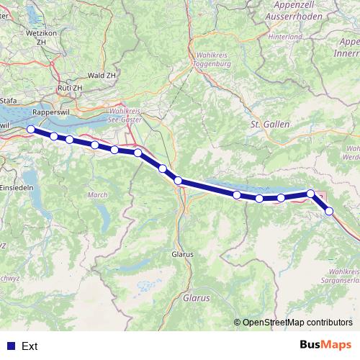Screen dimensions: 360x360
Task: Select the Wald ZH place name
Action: pos(101,75)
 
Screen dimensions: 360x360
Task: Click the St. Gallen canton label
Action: pos(269,125)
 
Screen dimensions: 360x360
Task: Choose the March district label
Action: pos(96,195)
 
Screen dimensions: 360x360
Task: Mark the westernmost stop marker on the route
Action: pos(30,130)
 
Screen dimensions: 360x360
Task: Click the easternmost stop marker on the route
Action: pos(329,211)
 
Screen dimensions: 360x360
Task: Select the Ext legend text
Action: pos(30,346)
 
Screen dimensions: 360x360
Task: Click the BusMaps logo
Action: pos(325,345)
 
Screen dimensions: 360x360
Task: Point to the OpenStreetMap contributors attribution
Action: pos(296,323)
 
